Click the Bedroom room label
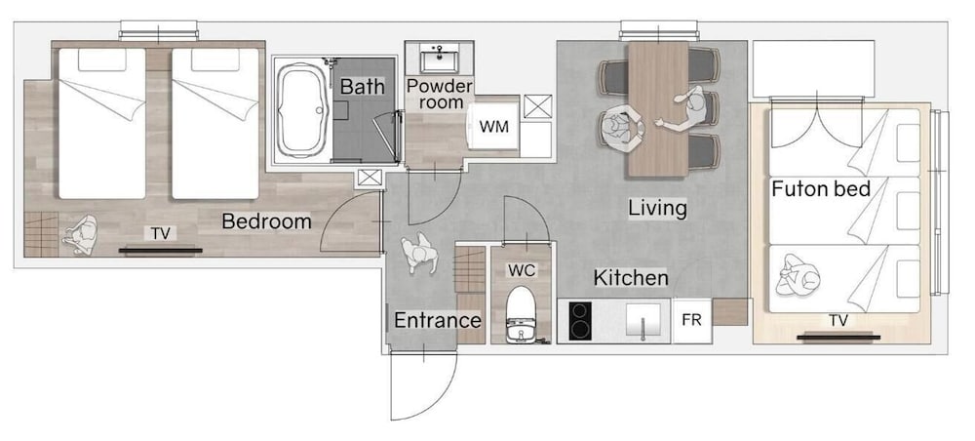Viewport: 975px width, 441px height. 266,221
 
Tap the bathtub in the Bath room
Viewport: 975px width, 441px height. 301,109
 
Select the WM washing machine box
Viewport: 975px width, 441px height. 493,127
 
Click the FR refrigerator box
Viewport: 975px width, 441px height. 691,320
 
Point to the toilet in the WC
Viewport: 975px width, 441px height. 521,315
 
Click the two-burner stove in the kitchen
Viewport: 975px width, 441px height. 580,320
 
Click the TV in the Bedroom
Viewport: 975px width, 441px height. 161,250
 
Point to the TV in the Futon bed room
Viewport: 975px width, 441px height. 838,338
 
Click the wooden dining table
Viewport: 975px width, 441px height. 658,109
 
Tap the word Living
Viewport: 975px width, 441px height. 657,208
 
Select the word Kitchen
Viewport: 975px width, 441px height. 631,277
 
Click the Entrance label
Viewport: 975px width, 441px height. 438,321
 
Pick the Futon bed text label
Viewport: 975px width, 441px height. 821,188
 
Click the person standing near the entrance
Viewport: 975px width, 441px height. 418,252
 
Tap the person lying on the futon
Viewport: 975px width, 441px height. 798,274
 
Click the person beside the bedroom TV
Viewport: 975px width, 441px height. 80,234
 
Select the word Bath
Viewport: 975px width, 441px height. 363,87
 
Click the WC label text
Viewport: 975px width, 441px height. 521,270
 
